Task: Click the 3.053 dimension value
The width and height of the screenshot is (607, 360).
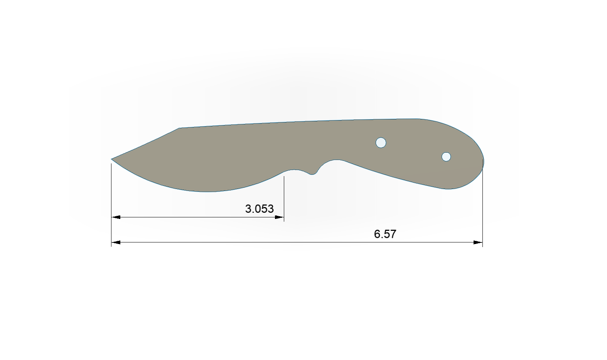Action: tap(259, 209)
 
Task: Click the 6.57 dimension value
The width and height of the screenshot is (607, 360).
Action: tap(385, 234)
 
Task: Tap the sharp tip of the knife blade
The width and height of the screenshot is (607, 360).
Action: tap(111, 159)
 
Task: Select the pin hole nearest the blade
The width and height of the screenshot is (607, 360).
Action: tap(381, 143)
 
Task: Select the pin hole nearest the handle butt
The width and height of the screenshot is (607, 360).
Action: tap(446, 157)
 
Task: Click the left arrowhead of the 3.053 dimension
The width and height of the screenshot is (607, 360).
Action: tap(116, 217)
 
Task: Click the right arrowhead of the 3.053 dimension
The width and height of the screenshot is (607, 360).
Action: tap(279, 217)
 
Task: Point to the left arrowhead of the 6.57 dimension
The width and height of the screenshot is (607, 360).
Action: tap(116, 242)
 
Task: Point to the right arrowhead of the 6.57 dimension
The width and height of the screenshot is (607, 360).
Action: tap(478, 242)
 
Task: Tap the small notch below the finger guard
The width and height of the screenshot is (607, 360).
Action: tap(312, 174)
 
